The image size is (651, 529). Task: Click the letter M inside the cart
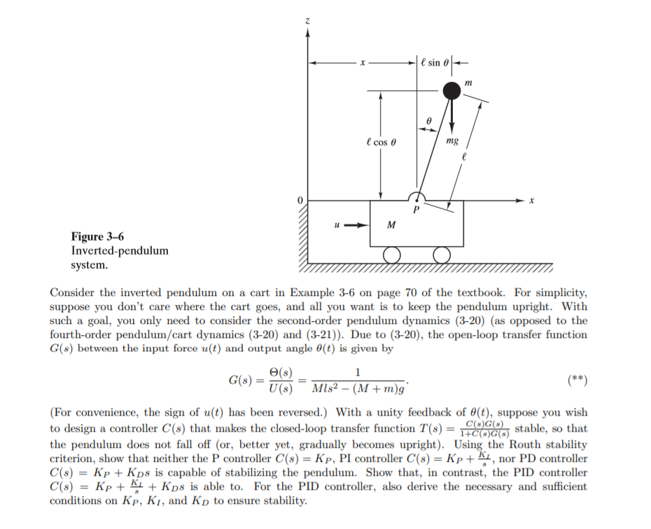tap(391, 225)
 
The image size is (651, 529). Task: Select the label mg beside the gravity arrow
tap(452, 141)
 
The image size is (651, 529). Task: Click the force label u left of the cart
tap(337, 225)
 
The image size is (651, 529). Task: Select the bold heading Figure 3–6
tap(98, 237)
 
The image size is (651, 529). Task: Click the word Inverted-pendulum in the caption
tap(120, 251)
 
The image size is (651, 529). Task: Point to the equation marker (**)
tap(578, 381)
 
